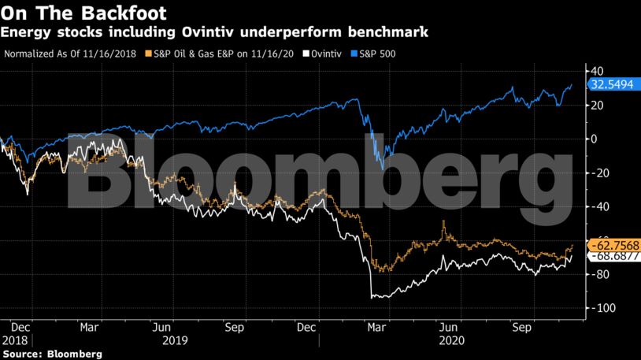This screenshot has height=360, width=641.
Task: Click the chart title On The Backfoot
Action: (x=86, y=13)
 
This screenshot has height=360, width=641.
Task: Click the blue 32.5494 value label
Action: (x=612, y=83)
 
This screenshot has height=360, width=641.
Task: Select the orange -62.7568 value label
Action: (x=612, y=243)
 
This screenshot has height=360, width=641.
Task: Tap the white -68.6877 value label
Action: (x=612, y=256)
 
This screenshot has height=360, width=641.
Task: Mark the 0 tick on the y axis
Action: (x=594, y=139)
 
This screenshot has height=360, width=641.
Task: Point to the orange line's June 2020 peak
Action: (x=444, y=222)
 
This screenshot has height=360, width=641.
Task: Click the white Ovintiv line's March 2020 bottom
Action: (x=372, y=297)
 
